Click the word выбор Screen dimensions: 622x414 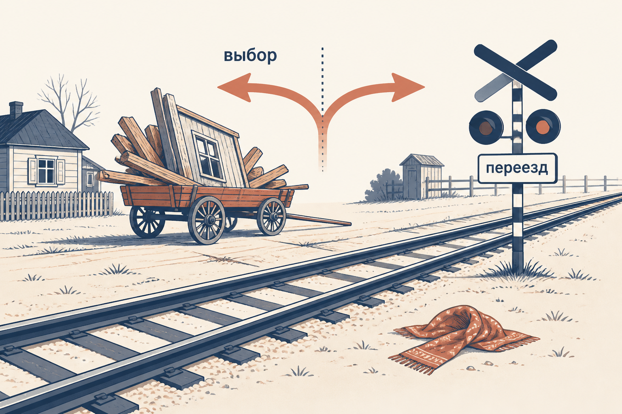point(250,56)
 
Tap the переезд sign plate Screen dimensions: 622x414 point(517,168)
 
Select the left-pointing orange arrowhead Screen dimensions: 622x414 point(234,87)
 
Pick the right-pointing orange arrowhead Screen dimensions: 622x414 point(408,87)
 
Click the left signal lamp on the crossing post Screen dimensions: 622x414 point(486,127)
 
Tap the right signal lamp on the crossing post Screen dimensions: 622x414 point(543,126)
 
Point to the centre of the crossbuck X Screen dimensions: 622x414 point(515,70)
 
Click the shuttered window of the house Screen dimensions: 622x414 point(47,171)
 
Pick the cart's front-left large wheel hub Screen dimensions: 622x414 point(209,220)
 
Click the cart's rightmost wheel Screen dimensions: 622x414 point(271,216)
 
